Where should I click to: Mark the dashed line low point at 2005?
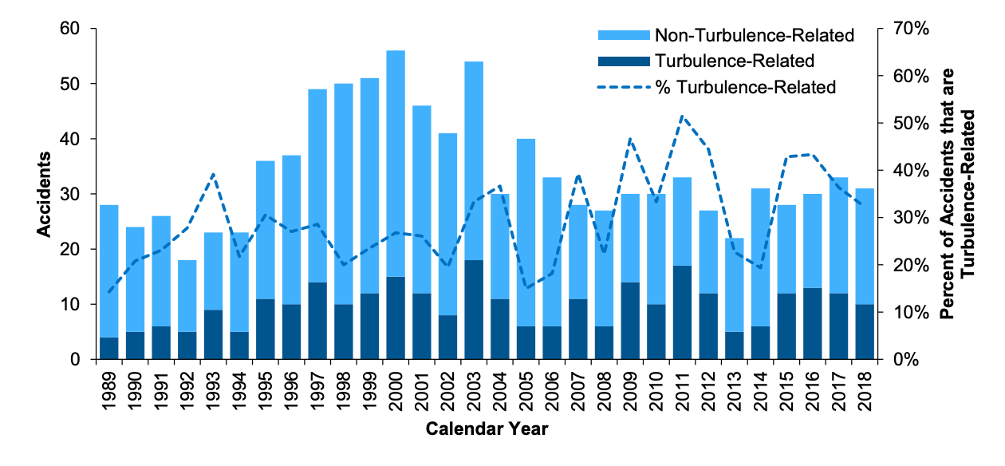point(526,288)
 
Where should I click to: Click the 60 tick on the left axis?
point(71,30)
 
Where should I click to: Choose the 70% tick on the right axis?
point(911,30)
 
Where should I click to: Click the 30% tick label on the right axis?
point(911,218)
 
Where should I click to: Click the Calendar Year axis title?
point(487,429)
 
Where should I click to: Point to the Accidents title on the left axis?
point(44,194)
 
